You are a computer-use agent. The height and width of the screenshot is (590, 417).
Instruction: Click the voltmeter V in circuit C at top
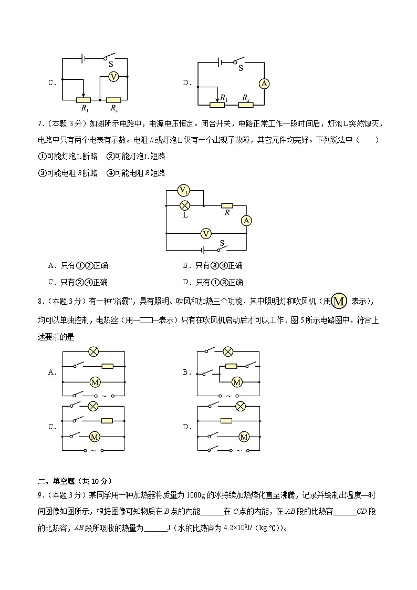coord(113,77)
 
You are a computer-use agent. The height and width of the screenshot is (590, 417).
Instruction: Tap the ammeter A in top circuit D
coord(265,83)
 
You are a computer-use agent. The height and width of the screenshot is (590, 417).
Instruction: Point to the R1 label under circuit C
coord(84,108)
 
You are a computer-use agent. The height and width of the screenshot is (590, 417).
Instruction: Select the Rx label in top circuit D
coord(245,98)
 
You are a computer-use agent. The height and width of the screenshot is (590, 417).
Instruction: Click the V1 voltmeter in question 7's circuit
coord(184,190)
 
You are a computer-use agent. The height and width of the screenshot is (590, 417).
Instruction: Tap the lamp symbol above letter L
coord(184,205)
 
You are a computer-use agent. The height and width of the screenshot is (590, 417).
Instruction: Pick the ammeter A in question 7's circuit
coord(246,221)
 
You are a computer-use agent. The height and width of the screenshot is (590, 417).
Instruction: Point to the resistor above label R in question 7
coord(227,205)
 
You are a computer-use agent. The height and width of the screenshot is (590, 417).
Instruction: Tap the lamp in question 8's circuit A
coord(93,351)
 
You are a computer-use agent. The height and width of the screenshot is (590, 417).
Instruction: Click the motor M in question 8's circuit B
coord(237,382)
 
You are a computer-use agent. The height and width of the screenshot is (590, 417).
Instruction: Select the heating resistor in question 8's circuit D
coord(226,420)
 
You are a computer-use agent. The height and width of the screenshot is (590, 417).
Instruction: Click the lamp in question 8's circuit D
coord(241,406)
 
